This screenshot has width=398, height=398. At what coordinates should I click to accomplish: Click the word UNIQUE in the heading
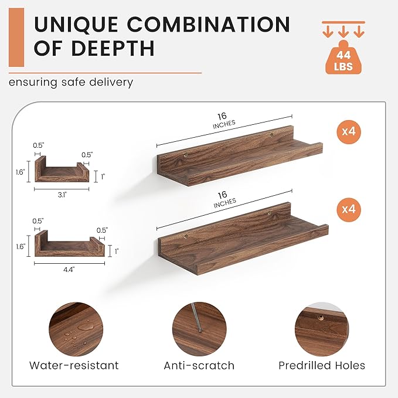click(76, 25)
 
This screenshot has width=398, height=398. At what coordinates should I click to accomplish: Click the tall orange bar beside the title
click(16, 38)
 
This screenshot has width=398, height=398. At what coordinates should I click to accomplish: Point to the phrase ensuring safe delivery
click(71, 83)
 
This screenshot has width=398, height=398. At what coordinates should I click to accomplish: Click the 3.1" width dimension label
click(62, 195)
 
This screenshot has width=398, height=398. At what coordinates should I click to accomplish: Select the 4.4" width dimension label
click(69, 270)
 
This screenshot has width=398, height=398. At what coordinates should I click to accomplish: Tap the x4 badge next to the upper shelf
click(349, 132)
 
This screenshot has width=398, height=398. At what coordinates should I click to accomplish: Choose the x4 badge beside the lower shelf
click(349, 210)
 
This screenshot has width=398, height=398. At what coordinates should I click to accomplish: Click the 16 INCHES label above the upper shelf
click(223, 121)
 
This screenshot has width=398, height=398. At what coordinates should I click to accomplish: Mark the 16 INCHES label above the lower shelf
click(224, 199)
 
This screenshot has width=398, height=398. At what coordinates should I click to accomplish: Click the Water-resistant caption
click(74, 366)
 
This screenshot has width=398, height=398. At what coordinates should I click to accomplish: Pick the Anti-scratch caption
click(199, 366)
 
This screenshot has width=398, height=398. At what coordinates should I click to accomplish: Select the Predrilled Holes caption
click(322, 366)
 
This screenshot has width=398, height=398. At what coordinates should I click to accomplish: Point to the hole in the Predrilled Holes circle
click(321, 317)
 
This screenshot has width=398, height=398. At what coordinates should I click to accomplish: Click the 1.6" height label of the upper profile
click(20, 172)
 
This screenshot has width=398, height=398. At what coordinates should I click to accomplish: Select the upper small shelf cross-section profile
click(62, 169)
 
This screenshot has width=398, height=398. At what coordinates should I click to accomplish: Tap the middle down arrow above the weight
click(343, 32)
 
